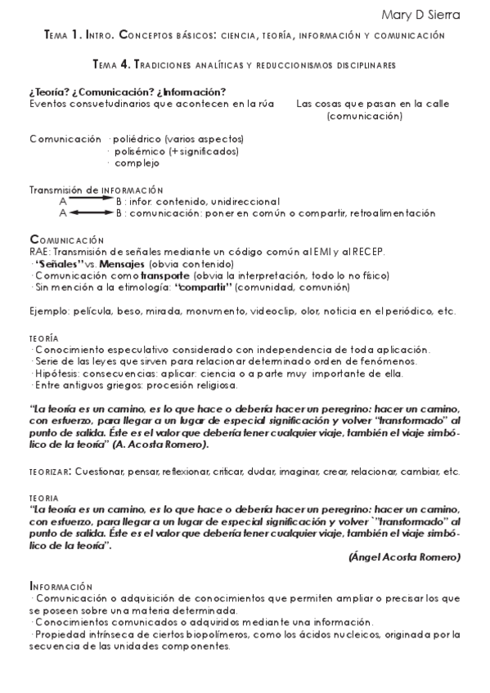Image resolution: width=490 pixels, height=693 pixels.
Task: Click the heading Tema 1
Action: pyautogui.click(x=65, y=36)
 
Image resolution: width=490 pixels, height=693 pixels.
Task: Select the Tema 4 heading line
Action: pyautogui.click(x=245, y=63)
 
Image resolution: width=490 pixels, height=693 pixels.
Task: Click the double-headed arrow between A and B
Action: pyautogui.click(x=91, y=212)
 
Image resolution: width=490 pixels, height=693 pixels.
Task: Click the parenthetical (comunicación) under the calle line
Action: pyautogui.click(x=364, y=116)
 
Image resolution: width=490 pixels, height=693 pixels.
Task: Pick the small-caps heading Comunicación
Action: pyautogui.click(x=67, y=239)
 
